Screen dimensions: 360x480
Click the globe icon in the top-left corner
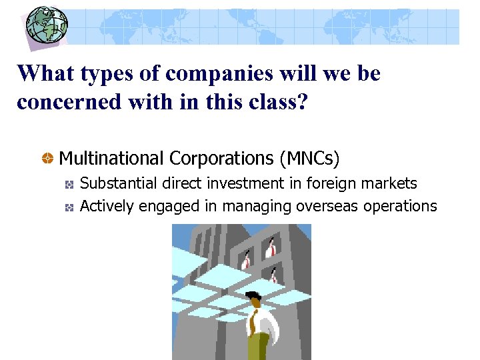coord(46,25)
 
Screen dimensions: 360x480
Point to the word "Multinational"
coord(111,159)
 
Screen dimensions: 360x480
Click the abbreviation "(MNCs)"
coord(310,159)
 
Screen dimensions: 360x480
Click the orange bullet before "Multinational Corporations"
coord(48,159)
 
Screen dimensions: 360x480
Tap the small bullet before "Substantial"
coord(69,184)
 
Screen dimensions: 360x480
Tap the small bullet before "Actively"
coord(69,207)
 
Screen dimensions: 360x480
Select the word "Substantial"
coord(115,183)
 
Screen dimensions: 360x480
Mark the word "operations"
coord(400,207)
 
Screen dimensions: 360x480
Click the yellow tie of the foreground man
coord(254,323)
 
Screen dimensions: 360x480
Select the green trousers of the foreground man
coord(258,347)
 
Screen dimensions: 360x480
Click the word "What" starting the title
coord(44,73)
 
